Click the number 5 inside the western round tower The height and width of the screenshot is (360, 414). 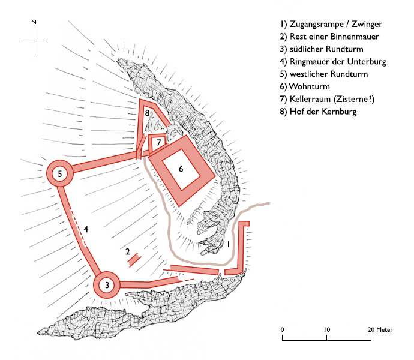click(60, 174)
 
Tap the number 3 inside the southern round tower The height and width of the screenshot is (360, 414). click(107, 286)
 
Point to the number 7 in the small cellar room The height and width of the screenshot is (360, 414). click(158, 143)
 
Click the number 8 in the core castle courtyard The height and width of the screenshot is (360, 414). click(146, 113)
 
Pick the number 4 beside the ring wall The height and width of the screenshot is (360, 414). click(86, 229)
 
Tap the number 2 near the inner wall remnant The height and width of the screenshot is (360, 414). click(127, 251)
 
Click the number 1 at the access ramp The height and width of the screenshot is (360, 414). click(228, 244)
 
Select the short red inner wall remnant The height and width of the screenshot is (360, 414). click(134, 259)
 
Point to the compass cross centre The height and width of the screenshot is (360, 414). click(35, 41)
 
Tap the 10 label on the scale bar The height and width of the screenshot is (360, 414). click(326, 330)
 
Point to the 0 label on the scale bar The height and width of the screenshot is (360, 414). click(282, 330)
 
